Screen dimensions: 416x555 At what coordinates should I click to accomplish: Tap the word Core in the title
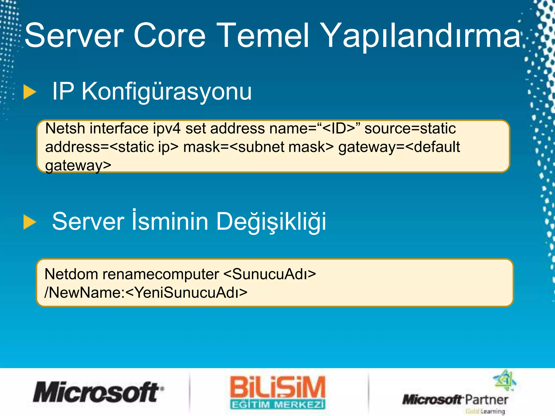coord(169,36)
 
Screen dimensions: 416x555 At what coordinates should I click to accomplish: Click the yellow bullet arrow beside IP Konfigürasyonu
coord(30,92)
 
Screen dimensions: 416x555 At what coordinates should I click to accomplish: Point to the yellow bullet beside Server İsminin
coord(30,222)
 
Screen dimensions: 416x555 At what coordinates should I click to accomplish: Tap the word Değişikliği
coord(271,222)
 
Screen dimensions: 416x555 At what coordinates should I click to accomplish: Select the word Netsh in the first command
coord(65,128)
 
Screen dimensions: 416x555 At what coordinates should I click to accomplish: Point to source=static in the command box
coord(410,128)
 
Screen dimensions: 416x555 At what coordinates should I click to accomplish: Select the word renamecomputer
coord(161,274)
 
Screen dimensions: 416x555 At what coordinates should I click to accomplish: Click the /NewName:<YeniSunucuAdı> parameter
coord(146,292)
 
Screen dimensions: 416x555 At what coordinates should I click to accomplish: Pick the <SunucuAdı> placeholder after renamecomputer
coord(270,274)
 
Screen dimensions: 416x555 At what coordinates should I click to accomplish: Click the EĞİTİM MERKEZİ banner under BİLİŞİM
coord(277,405)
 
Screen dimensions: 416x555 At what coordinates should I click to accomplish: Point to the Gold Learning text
coord(485,411)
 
